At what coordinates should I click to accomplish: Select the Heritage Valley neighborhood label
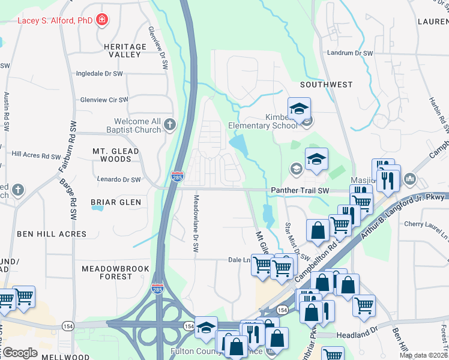[125, 50]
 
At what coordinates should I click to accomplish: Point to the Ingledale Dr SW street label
[99, 74]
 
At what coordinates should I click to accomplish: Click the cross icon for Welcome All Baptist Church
[170, 125]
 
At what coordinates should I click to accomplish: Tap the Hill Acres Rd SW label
[34, 155]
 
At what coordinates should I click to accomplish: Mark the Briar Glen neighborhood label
[116, 202]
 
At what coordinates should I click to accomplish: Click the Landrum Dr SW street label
[350, 53]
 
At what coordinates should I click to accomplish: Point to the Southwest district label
[327, 85]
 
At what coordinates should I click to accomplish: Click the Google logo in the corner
[20, 352]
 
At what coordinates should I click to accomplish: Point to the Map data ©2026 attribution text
[423, 355]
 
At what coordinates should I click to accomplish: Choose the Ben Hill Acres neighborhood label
[52, 233]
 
